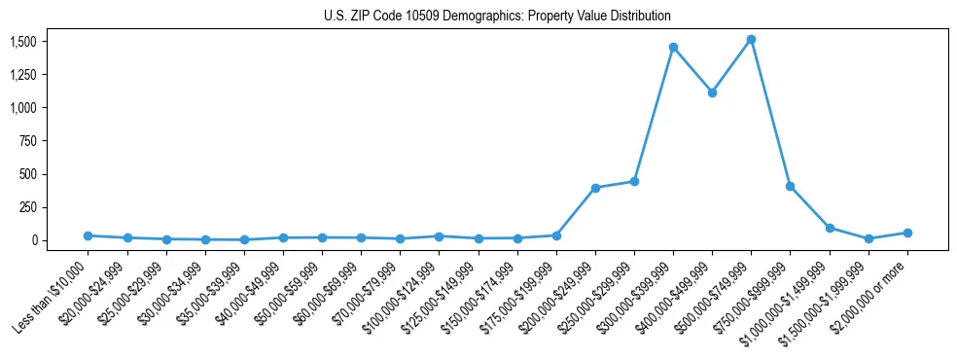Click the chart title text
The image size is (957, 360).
(x=497, y=17)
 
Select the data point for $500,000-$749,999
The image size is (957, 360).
(x=751, y=40)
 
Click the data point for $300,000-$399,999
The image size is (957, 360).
(x=673, y=47)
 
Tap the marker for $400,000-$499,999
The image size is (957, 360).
(x=712, y=92)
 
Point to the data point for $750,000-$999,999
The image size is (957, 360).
(x=790, y=186)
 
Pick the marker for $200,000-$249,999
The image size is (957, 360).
(x=595, y=188)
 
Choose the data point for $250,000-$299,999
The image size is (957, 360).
(x=634, y=181)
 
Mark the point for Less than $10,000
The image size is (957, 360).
(x=88, y=235)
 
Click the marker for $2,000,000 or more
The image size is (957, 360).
(x=907, y=233)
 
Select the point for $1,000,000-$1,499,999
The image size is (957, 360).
(x=830, y=228)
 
